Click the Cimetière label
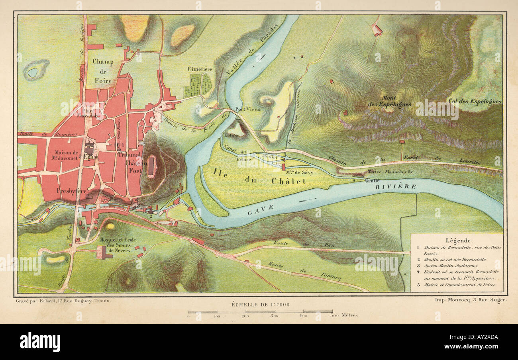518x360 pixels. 200,69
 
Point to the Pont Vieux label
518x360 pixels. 248,109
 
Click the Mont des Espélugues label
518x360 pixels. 390,101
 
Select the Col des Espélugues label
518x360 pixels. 474,101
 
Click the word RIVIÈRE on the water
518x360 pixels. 396,186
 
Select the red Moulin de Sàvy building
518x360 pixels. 283,166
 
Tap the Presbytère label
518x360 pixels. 71,191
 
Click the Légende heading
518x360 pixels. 457,241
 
